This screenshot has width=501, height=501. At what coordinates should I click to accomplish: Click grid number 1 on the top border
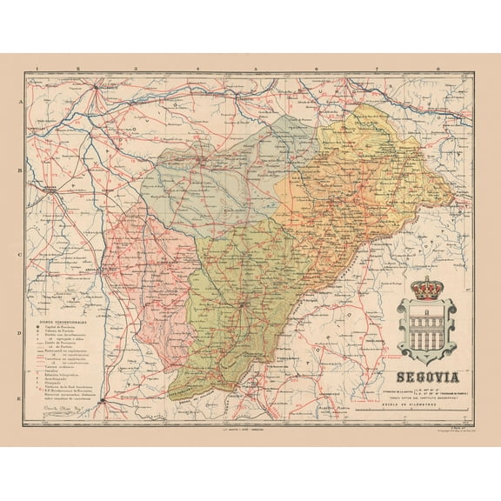click(x=37, y=67)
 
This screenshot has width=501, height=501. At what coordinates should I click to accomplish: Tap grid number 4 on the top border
click(x=200, y=67)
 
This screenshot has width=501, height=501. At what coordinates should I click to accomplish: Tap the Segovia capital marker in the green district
click(x=242, y=306)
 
